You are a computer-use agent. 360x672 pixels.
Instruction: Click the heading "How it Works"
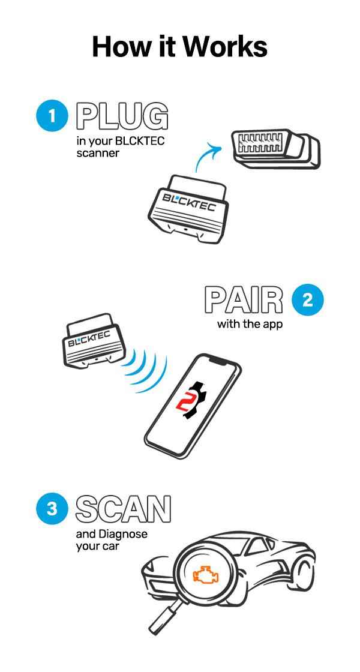pyautogui.click(x=179, y=47)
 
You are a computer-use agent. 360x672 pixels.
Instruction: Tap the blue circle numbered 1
pyautogui.click(x=52, y=115)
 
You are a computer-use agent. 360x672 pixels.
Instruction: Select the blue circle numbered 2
pyautogui.click(x=307, y=299)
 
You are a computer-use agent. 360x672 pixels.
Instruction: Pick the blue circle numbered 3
pyautogui.click(x=52, y=509)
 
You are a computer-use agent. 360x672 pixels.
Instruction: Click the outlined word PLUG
pyautogui.click(x=122, y=116)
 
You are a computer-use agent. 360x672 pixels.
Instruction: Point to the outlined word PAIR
pyautogui.click(x=244, y=300)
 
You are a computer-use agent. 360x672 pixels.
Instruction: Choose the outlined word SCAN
pyautogui.click(x=123, y=509)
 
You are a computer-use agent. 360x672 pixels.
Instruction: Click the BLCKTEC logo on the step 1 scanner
pyautogui.click(x=188, y=202)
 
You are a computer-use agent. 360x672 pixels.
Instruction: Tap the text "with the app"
pyautogui.click(x=250, y=324)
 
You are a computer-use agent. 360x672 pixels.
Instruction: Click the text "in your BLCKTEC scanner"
pyautogui.click(x=120, y=146)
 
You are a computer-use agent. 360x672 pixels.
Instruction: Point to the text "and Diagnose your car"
pyautogui.click(x=112, y=540)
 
